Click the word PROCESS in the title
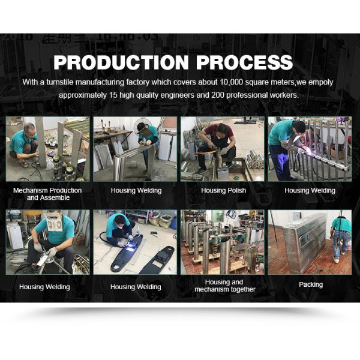point(246,62)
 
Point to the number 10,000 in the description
point(231,82)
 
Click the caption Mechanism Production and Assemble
point(47,194)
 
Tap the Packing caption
point(310,284)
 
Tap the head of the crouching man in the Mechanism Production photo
point(29,129)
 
